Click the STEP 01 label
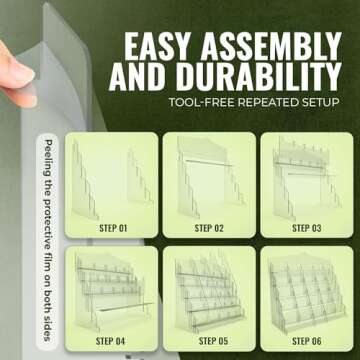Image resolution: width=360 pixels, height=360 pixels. (x=113, y=228)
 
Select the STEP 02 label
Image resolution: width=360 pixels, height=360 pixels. (x=209, y=228)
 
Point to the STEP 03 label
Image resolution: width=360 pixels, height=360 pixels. (x=307, y=228)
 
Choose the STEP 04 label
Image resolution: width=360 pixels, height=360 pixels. (x=110, y=341)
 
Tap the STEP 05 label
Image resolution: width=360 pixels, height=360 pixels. (x=213, y=341)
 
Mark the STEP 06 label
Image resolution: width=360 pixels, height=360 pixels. (x=307, y=341)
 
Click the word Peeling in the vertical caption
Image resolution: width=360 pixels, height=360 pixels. (x=48, y=156)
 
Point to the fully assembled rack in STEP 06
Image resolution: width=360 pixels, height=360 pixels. (x=307, y=293)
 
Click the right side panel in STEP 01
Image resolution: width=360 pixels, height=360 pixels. (x=139, y=177)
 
